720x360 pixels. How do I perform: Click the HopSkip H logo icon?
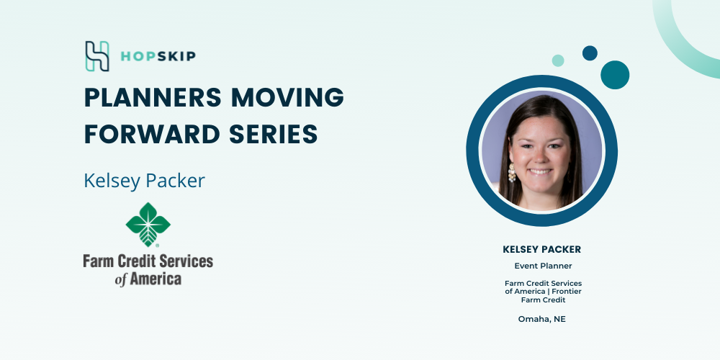pos(97,56)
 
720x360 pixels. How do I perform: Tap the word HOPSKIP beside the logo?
pos(158,56)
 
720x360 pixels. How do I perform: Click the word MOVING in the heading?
pos(287,97)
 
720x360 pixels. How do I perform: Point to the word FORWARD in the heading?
pos(152,134)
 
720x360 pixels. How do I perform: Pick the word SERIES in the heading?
pos(273,134)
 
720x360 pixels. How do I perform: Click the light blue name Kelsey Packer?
pos(144,181)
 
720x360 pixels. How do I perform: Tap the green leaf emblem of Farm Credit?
pos(148,225)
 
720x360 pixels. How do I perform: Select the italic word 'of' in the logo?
pos(120,279)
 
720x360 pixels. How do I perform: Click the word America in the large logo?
pos(156,278)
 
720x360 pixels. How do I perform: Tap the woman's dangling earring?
pos(511,173)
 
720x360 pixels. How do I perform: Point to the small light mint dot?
pos(558,60)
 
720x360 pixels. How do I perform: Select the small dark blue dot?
pos(590,53)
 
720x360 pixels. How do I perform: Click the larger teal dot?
pos(615,75)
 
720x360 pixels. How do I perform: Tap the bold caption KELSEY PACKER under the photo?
pos(542,249)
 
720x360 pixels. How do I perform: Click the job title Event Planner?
pos(543,266)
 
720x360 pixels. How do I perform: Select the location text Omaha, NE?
pos(542,319)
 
